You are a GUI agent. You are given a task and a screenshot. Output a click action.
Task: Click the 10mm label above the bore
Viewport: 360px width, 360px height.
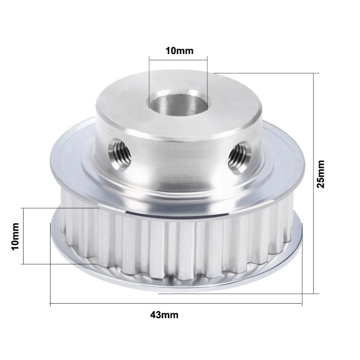coord(179,50)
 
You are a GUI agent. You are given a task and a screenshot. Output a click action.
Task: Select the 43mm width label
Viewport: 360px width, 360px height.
coord(165,315)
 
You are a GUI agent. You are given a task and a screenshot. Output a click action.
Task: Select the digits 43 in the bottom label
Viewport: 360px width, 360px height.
coord(155,315)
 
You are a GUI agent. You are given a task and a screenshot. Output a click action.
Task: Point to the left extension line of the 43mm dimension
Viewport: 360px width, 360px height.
coord(50,263)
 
